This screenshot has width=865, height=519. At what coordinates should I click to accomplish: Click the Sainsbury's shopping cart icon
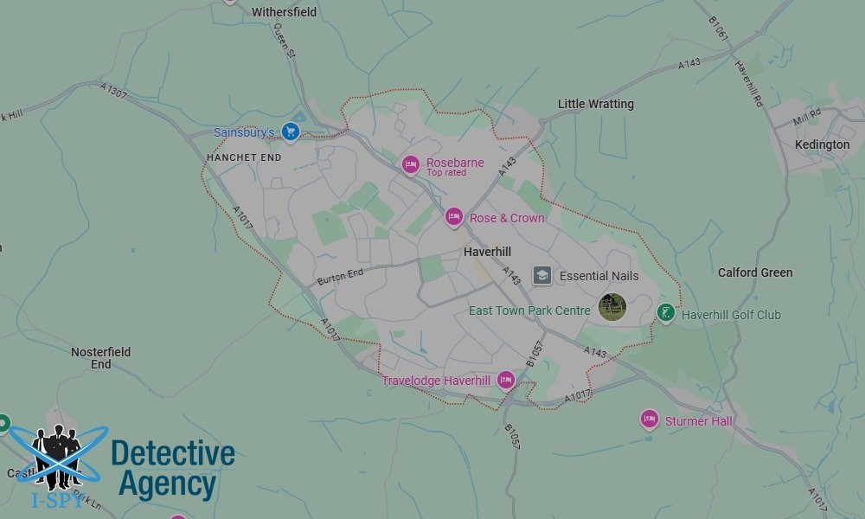tap(291, 132)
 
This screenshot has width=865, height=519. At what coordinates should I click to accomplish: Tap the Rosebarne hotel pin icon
tap(411, 164)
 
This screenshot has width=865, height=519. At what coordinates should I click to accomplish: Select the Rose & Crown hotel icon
tap(454, 217)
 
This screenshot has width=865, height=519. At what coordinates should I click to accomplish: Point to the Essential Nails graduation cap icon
tap(542, 276)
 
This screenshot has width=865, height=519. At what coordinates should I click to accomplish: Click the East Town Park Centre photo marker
tap(612, 307)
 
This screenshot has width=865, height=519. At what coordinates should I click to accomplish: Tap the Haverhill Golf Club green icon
tap(665, 313)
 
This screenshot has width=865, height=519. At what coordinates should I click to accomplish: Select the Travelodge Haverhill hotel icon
tap(505, 381)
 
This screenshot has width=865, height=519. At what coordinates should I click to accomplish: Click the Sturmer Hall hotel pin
tap(650, 420)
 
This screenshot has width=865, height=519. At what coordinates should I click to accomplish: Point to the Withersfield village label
tap(284, 12)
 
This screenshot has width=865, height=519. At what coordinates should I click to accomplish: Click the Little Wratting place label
tap(595, 104)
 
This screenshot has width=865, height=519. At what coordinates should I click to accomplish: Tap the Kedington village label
tap(822, 144)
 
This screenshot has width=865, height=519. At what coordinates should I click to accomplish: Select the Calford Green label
tap(754, 272)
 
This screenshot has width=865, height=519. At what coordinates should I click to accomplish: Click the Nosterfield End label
tap(101, 358)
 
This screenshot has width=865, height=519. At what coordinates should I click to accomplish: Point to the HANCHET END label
tap(244, 158)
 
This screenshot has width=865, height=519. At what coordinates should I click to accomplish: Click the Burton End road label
tap(340, 277)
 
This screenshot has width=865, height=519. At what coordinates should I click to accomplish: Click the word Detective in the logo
tap(173, 453)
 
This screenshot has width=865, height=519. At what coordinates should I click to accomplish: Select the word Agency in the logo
tap(167, 485)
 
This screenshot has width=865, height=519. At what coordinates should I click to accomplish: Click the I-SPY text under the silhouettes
tap(57, 500)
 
